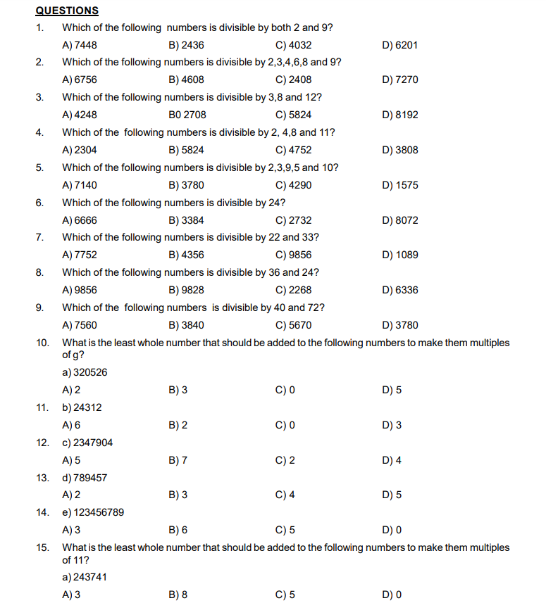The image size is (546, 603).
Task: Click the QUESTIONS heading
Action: click(x=67, y=11)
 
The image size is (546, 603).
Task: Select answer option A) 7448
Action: click(x=80, y=45)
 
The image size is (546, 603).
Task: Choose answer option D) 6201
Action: click(x=399, y=45)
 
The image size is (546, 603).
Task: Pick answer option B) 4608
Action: click(x=187, y=80)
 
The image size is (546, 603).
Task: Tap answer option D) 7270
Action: click(x=399, y=80)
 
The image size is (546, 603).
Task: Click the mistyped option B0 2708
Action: click(x=187, y=115)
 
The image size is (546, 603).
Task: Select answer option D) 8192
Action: click(x=399, y=115)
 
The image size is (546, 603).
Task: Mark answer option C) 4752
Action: click(x=294, y=150)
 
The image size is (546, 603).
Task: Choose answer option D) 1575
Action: click(x=399, y=185)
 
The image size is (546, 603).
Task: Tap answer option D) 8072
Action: click(x=399, y=220)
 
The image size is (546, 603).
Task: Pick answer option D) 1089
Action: click(x=399, y=255)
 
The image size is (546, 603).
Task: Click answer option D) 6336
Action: click(x=399, y=290)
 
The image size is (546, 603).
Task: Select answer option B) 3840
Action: click(x=187, y=325)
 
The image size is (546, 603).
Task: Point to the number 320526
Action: click(x=91, y=372)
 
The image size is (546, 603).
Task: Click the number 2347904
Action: click(x=93, y=443)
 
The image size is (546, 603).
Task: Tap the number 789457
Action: click(x=91, y=478)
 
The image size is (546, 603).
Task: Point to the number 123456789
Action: click(x=99, y=512)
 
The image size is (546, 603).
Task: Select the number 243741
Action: click(x=91, y=577)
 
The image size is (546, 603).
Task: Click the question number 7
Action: click(x=39, y=238)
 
